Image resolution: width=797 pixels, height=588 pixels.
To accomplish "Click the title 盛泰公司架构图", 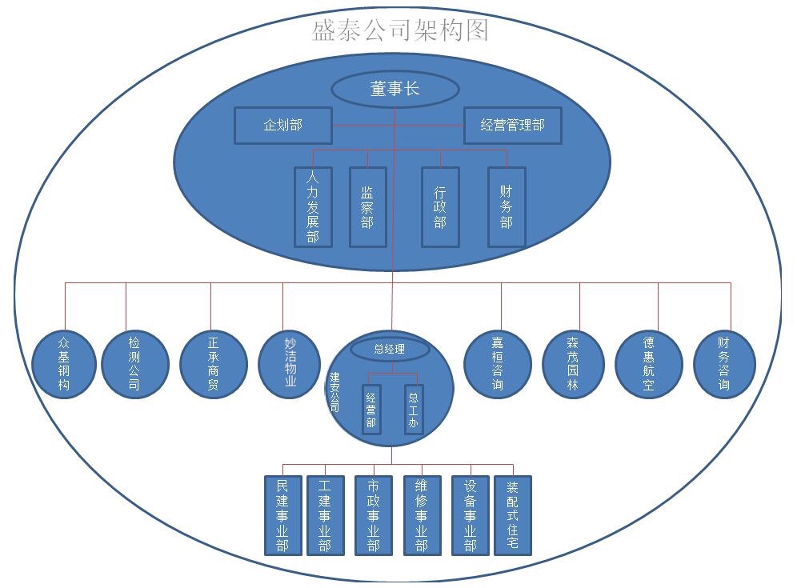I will [x=399, y=30].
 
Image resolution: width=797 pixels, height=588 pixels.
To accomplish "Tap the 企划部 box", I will [x=283, y=125].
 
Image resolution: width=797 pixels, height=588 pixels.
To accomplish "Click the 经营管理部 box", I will [x=512, y=125].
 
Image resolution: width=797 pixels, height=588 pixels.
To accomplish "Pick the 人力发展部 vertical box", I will [x=313, y=206].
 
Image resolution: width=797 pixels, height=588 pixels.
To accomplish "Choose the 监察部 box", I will [x=367, y=206].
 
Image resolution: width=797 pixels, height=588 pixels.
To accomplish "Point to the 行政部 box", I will [x=440, y=206].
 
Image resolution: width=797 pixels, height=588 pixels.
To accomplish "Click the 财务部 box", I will [x=507, y=206].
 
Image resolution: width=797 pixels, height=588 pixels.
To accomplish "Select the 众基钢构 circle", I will [x=64, y=365].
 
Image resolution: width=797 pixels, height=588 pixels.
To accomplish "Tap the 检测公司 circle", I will [x=134, y=365].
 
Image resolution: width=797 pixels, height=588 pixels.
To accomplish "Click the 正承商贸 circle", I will [x=212, y=365].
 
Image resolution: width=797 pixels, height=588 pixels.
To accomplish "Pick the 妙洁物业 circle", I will [x=290, y=365].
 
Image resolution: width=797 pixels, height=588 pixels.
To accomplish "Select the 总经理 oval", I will [x=390, y=349].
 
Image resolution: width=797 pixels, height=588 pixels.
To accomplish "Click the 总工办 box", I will [x=413, y=410].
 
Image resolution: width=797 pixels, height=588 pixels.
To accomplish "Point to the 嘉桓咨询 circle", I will [x=498, y=365].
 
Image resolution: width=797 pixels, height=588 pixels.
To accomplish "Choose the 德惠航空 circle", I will [x=649, y=365].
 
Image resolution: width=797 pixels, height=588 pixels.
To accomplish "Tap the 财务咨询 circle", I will [x=724, y=365].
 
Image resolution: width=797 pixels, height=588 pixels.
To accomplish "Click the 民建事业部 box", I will [x=282, y=515].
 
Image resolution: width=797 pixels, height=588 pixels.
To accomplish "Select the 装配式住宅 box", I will [x=512, y=515].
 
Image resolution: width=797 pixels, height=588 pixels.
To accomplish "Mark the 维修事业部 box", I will [x=422, y=515].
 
